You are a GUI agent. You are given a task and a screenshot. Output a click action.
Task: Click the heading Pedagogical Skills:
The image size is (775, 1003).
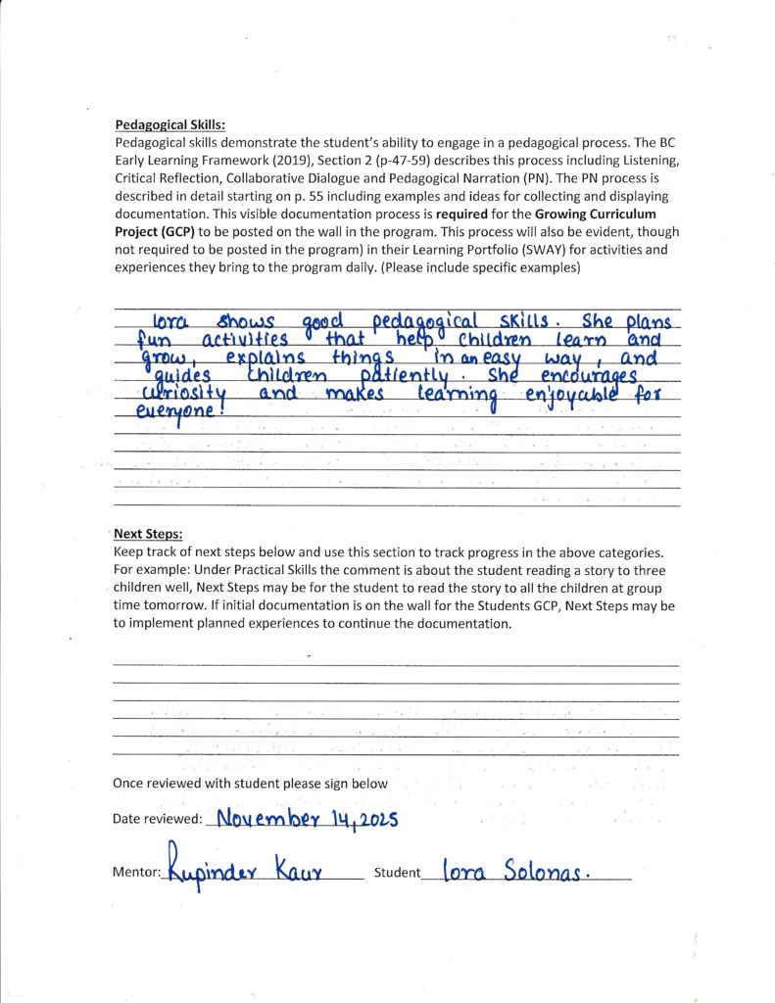[170, 125]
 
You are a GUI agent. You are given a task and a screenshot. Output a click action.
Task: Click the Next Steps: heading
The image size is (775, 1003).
[148, 534]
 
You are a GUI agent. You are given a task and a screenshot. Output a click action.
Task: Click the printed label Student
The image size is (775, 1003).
[397, 872]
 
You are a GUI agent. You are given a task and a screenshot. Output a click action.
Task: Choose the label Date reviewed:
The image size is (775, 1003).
[158, 819]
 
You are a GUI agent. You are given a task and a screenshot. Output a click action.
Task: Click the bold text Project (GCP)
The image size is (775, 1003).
[158, 231]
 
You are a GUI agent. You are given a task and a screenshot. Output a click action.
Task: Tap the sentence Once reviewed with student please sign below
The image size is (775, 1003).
[250, 784]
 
